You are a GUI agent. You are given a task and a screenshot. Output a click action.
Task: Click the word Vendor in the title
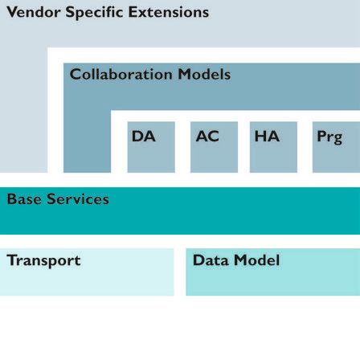(32, 13)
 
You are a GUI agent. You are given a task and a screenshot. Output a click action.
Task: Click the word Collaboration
(121, 75)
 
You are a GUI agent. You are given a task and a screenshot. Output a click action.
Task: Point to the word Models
(204, 75)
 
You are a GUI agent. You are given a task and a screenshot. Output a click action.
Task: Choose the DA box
(150, 146)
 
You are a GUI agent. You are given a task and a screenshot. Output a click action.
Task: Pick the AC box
(214, 146)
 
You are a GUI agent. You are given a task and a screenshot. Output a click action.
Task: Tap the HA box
(273, 146)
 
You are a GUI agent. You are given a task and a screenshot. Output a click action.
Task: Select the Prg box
(334, 146)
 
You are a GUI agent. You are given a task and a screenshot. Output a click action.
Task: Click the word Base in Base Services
(24, 199)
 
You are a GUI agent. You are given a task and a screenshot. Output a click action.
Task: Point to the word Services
(77, 199)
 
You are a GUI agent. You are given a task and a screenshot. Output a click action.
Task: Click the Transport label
(43, 261)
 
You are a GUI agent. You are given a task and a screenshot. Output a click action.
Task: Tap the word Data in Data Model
(211, 261)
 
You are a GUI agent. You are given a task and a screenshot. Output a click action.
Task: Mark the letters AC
(207, 137)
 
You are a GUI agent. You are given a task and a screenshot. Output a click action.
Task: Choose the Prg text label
(329, 137)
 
